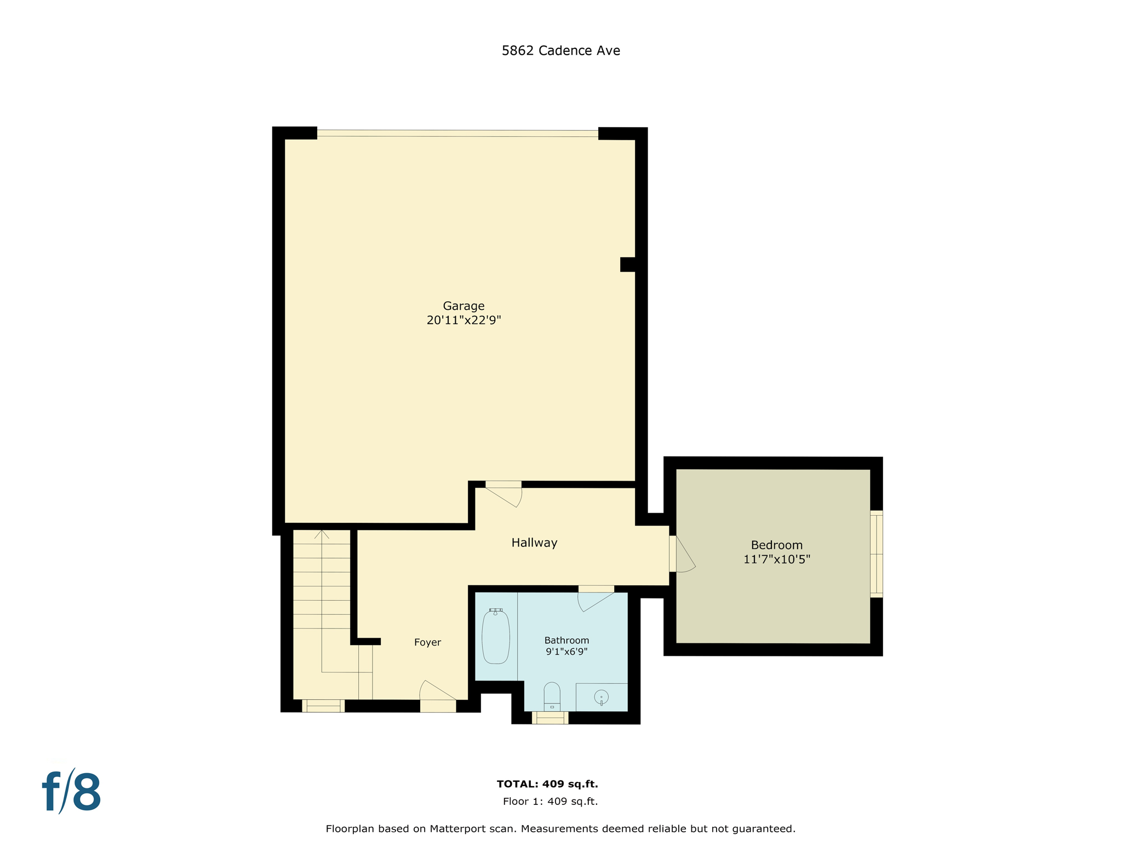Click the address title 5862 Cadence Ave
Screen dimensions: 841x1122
tap(560, 50)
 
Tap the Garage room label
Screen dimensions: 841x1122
tap(463, 306)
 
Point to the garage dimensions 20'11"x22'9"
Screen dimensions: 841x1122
tap(463, 320)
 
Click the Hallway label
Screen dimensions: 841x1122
tap(534, 543)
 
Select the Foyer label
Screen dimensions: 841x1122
tap(427, 642)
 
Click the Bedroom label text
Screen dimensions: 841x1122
tap(776, 545)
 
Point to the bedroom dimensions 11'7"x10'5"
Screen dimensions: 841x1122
tap(776, 560)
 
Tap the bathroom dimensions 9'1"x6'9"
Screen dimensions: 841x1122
tap(566, 652)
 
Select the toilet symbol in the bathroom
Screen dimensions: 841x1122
tap(552, 696)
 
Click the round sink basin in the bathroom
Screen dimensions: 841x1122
tap(601, 698)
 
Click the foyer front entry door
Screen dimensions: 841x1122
tap(438, 694)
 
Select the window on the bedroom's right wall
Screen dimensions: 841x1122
tap(876, 554)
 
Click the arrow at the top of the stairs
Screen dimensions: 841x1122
tap(322, 534)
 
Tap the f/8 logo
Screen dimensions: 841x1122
tap(72, 792)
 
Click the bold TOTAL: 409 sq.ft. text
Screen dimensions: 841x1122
tap(547, 784)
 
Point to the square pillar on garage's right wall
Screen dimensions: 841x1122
tap(627, 264)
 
